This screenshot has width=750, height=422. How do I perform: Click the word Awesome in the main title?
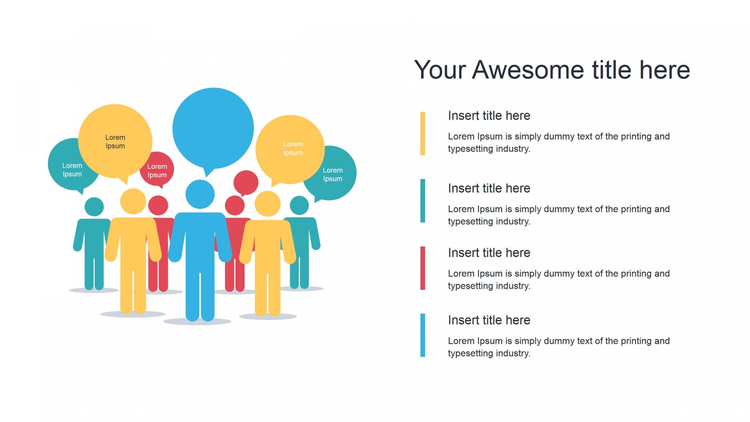pos(528,70)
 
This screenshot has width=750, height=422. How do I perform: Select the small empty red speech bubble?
pos(246,182)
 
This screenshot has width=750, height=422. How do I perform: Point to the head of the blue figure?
pos(200,194)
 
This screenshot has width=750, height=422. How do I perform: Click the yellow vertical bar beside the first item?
pos(423,134)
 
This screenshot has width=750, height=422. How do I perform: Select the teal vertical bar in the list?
pos(423,201)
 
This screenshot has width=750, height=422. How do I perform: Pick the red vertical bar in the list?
pos(423,268)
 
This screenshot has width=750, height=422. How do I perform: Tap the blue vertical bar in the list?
pos(423,335)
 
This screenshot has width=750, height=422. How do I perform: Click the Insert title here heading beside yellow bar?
pos(489,116)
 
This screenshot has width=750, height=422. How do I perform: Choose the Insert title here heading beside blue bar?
pos(489,320)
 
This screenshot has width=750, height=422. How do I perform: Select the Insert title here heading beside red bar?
pos(489,253)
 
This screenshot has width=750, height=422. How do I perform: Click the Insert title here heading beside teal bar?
pos(489,188)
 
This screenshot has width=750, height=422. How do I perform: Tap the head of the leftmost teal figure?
pos(94,207)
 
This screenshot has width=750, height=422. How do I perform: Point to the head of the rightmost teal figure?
pos(300,205)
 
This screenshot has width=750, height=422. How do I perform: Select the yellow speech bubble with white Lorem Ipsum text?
pos(290,150)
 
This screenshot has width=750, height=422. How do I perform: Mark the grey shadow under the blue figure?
pos(197,321)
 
